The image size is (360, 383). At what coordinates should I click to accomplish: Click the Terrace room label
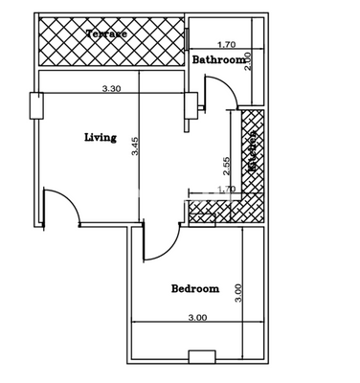coord(106,34)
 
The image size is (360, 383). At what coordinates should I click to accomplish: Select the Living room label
coord(100,137)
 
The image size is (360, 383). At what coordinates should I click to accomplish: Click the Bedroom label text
coord(195,288)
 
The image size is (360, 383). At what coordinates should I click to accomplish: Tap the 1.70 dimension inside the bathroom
coord(227,44)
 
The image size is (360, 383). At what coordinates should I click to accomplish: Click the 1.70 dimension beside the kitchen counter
coord(227,189)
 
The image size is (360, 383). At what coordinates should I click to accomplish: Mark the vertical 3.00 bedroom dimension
coord(238,288)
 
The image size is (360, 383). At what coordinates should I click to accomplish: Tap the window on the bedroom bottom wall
coord(201,357)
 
